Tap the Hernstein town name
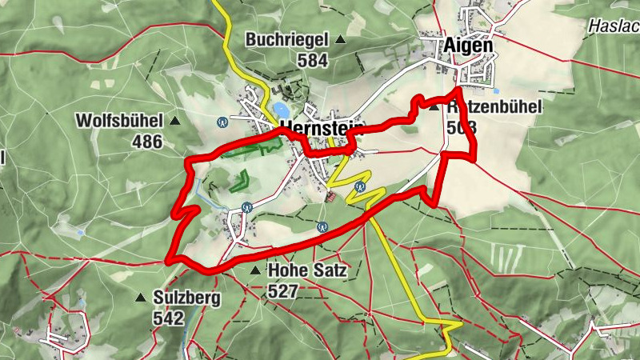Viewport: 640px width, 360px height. coord(322,130)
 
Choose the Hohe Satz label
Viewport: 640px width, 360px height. coord(307,270)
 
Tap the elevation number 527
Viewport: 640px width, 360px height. coord(284,291)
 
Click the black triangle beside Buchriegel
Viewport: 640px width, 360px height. coord(340,39)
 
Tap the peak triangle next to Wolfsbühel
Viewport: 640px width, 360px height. coord(174,122)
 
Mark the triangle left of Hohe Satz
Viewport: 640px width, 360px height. coord(255,271)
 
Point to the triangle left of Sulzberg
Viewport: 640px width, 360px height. coord(141,298)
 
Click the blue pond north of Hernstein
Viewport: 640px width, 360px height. coord(280,109)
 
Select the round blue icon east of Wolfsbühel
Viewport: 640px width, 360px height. coord(222,122)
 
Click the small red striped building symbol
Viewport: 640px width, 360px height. coord(332,195)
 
